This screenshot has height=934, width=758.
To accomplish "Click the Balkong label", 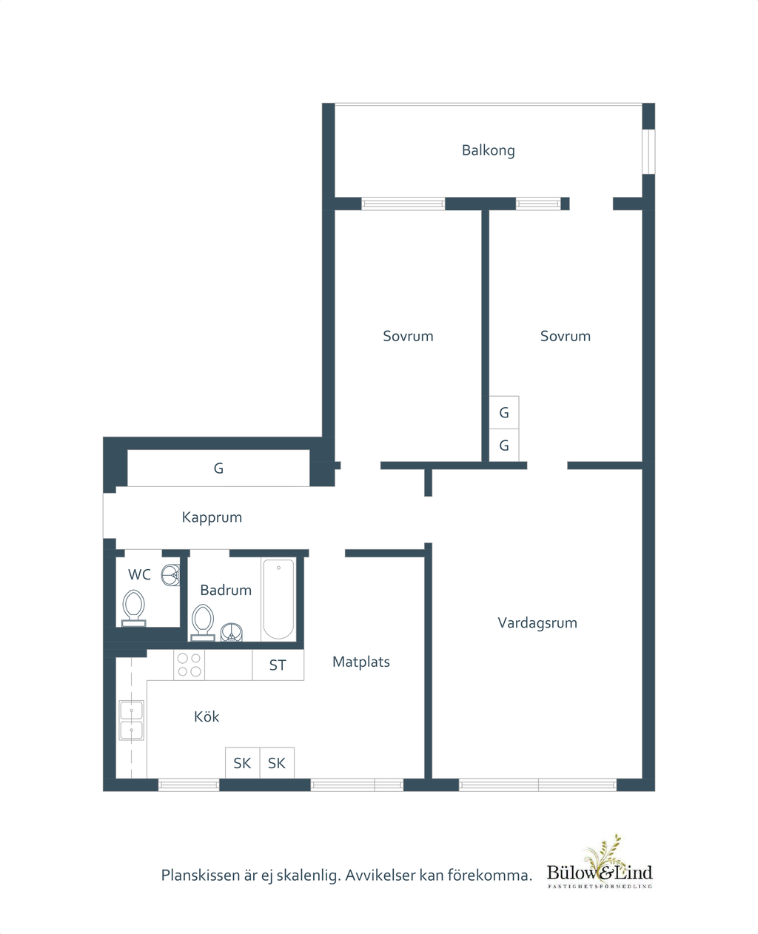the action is pyautogui.click(x=489, y=150).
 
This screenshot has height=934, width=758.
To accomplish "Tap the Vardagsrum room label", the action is pyautogui.click(x=537, y=622).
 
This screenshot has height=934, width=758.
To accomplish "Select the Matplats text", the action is pyautogui.click(x=361, y=662).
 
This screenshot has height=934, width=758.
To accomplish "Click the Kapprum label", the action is pyautogui.click(x=212, y=517).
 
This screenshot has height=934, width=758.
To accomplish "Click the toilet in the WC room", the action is pyautogui.click(x=133, y=608).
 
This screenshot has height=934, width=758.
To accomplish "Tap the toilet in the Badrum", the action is pyautogui.click(x=203, y=622).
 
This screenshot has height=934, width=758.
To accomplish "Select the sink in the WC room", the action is pyautogui.click(x=171, y=575).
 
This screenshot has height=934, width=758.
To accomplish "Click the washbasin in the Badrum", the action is pyautogui.click(x=231, y=632).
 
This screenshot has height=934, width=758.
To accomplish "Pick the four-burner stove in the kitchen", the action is pyautogui.click(x=189, y=665).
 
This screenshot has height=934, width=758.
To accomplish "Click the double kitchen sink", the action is pyautogui.click(x=132, y=720).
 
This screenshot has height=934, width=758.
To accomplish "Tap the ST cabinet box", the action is pyautogui.click(x=278, y=665).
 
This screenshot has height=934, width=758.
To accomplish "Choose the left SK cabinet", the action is pyautogui.click(x=243, y=763).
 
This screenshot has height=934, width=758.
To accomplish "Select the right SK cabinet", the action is pyautogui.click(x=277, y=763).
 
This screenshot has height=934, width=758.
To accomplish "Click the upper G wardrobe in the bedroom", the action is pyautogui.click(x=504, y=412).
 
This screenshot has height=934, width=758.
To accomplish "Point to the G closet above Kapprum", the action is pyautogui.click(x=218, y=468).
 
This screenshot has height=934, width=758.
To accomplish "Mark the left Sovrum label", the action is pyautogui.click(x=408, y=336).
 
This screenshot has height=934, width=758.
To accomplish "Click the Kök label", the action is pyautogui.click(x=207, y=716).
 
